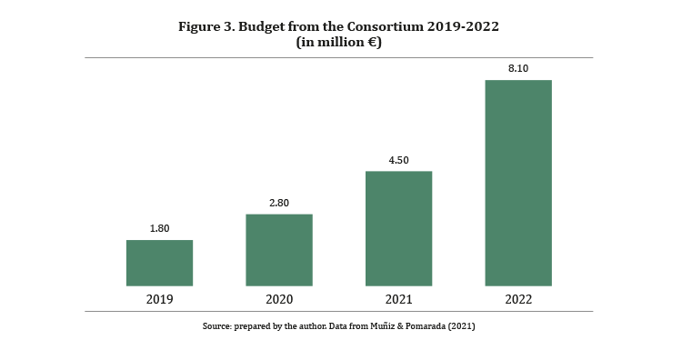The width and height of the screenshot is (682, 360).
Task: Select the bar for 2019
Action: click(160, 263)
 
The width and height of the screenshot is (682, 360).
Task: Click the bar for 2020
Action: click(279, 250)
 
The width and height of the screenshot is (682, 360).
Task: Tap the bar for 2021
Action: click(399, 229)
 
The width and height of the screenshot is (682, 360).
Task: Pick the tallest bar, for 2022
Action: click(518, 183)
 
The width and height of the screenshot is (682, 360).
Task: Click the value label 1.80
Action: click(160, 228)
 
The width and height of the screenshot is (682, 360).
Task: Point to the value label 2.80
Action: click(279, 203)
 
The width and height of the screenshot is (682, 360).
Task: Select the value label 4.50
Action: click(399, 160)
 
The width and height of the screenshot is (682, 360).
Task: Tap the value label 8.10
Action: click(518, 68)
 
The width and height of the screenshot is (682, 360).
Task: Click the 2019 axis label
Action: click(160, 299)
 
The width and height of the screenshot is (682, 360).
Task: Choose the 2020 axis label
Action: click(279, 299)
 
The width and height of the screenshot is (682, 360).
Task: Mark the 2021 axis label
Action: click(399, 299)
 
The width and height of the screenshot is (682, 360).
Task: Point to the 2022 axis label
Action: click(518, 299)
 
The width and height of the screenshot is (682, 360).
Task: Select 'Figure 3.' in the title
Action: click(206, 27)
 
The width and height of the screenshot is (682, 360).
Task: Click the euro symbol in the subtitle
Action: click(372, 42)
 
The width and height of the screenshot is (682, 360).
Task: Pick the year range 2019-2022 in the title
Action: click(463, 26)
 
